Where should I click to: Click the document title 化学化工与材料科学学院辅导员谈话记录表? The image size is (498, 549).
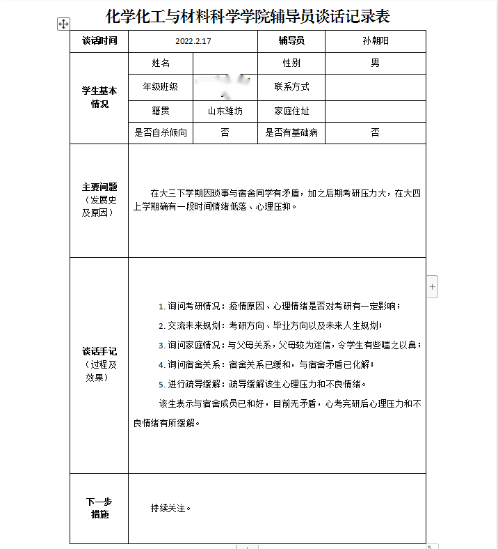248,16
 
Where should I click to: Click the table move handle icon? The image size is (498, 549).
63,24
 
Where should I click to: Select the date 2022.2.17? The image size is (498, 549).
193,41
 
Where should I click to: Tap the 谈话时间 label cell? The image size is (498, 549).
99,41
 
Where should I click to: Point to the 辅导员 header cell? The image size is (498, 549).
291,41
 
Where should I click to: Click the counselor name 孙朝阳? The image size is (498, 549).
376,41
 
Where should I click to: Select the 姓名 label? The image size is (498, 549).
161,63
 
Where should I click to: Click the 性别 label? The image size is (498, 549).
291,63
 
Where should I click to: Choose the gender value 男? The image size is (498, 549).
376,63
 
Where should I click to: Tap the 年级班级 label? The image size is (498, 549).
161,87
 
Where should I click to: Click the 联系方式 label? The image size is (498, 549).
291,87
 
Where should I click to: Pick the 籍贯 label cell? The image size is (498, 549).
161,111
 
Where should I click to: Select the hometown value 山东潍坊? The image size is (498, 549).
225,111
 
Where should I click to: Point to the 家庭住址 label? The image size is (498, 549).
291,111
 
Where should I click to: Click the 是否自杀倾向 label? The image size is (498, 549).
161,132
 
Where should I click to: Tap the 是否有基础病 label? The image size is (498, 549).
291,132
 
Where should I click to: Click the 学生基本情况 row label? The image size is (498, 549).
99,97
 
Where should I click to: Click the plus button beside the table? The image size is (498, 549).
432,286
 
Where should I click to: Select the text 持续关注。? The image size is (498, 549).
170,508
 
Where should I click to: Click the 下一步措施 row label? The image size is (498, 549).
99,508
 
